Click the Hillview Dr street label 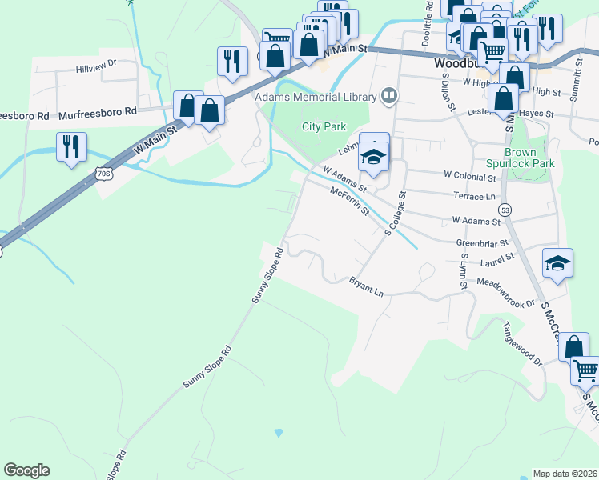(96, 63)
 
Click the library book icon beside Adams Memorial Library (390, 96)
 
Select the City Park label (323, 126)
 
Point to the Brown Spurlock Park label (529, 158)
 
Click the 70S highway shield (102, 173)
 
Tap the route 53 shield (505, 209)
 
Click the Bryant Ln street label (366, 286)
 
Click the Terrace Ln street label (474, 196)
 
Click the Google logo (26, 470)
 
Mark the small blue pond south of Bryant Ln (279, 433)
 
